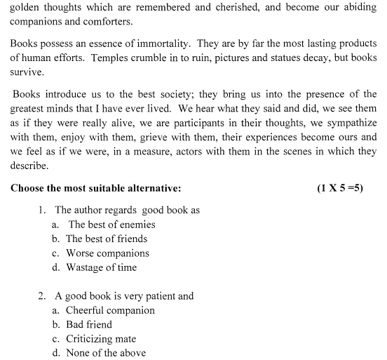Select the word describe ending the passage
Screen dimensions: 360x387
click(x=29, y=166)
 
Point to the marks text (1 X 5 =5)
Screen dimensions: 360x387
click(x=340, y=188)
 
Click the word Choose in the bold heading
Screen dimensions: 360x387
click(x=29, y=188)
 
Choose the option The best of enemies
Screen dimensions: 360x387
click(x=111, y=225)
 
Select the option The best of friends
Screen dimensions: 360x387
click(x=107, y=239)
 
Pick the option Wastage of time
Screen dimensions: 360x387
click(x=102, y=267)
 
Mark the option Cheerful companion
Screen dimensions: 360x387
click(x=110, y=310)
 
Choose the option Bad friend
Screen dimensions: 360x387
click(x=89, y=324)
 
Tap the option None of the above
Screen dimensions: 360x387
click(x=106, y=353)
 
